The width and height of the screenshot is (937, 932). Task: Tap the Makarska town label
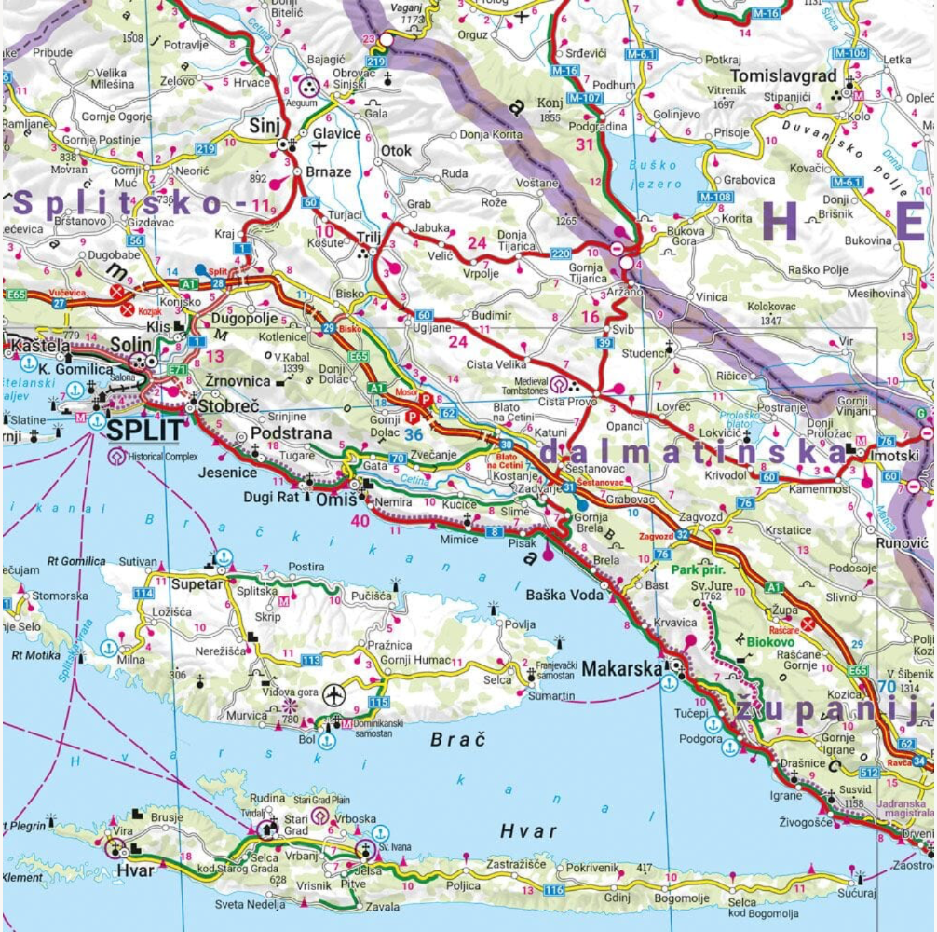(620, 667)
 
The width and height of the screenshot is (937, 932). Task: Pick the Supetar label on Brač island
(197, 584)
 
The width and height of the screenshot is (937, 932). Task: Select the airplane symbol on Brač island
(333, 694)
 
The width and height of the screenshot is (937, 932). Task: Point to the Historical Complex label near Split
(161, 456)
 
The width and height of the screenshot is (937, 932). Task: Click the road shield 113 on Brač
(311, 660)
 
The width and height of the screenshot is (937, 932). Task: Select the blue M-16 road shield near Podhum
(564, 71)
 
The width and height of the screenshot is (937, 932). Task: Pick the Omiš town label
(336, 500)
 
